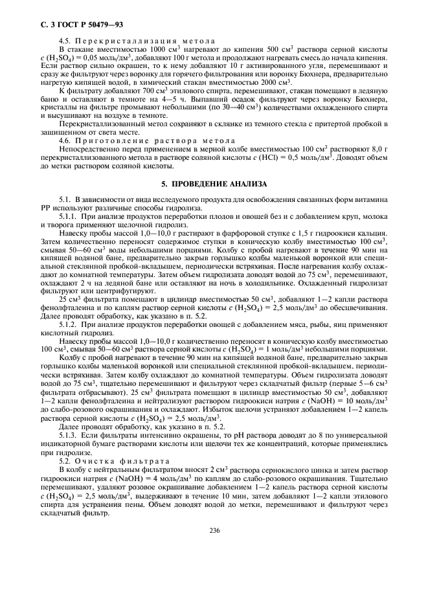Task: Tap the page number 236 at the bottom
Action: coord(214,530)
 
